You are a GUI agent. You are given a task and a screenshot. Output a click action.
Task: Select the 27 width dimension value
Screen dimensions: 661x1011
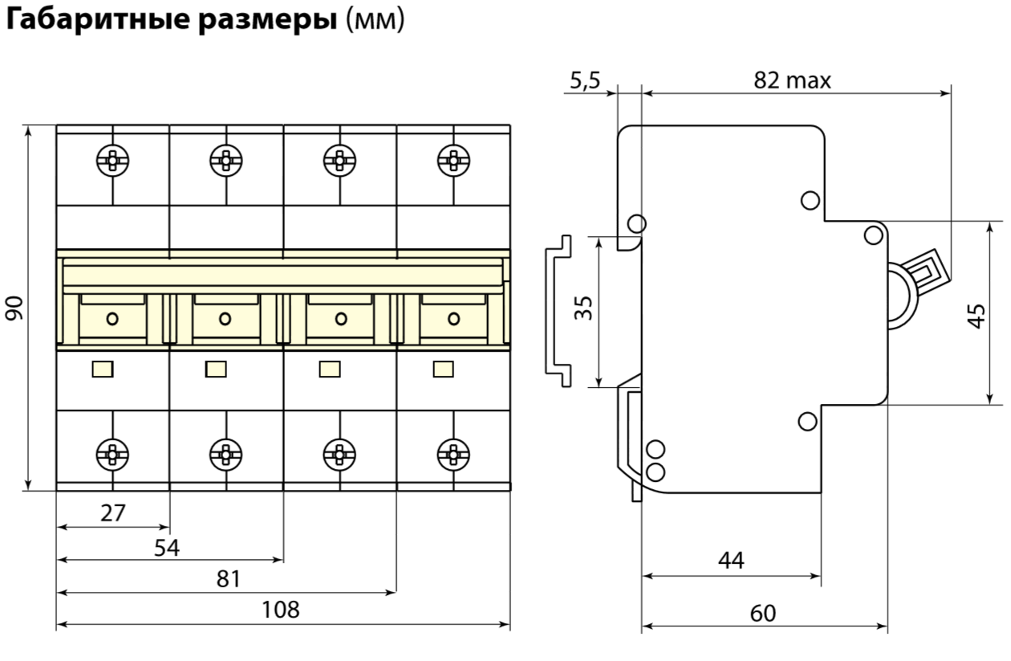click(x=113, y=513)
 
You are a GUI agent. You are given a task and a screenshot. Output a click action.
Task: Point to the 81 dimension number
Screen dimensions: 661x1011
click(x=229, y=579)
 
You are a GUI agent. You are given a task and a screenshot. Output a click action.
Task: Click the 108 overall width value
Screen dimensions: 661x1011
click(x=281, y=610)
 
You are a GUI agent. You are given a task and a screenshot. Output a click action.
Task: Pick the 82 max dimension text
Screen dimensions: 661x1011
click(x=792, y=80)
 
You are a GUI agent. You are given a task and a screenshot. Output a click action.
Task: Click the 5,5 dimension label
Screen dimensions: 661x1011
click(x=584, y=80)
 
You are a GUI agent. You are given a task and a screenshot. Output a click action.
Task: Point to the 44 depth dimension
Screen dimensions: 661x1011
click(x=731, y=561)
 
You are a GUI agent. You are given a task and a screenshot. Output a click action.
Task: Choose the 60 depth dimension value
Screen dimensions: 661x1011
click(x=763, y=614)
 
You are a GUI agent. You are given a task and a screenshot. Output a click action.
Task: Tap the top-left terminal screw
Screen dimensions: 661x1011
click(x=112, y=160)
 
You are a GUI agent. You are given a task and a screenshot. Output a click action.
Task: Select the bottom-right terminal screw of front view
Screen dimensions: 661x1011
click(x=453, y=454)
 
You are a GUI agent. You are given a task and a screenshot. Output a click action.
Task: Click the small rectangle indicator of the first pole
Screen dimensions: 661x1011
click(x=103, y=369)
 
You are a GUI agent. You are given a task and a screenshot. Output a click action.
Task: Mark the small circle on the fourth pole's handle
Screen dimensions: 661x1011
click(x=453, y=318)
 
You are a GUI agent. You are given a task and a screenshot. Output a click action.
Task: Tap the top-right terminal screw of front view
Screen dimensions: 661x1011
click(x=453, y=160)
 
